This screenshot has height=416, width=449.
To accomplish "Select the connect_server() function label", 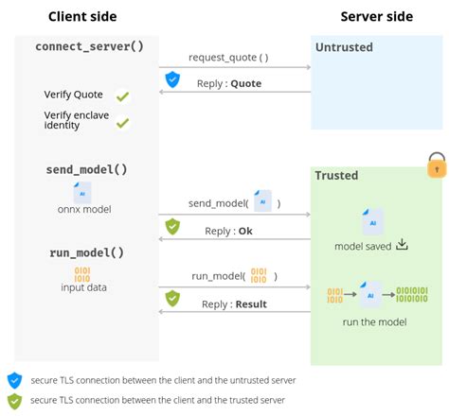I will (x=89, y=46).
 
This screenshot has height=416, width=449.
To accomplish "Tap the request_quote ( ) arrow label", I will (x=228, y=57).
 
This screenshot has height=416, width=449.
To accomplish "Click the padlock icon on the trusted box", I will (x=437, y=165).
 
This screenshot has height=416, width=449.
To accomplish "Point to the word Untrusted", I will (x=344, y=47).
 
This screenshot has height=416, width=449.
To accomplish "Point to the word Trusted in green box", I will (x=336, y=175).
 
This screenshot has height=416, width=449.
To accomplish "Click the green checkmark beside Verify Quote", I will (x=122, y=96).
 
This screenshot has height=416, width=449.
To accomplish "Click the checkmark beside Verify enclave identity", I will (x=122, y=122).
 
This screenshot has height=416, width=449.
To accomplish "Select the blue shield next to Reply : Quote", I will (x=172, y=80).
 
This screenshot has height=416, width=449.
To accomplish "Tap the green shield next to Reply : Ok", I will (x=172, y=226).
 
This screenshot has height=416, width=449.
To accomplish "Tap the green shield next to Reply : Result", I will (x=172, y=298).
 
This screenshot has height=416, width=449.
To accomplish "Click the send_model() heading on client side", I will (x=86, y=169).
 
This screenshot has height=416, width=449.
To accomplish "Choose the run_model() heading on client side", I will (x=86, y=253).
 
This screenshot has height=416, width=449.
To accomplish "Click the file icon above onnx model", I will (x=83, y=192).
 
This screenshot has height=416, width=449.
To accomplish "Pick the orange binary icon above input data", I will (x=83, y=274).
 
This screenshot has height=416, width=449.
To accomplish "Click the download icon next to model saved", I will (x=402, y=245).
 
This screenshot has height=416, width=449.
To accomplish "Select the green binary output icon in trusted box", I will (x=411, y=293).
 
